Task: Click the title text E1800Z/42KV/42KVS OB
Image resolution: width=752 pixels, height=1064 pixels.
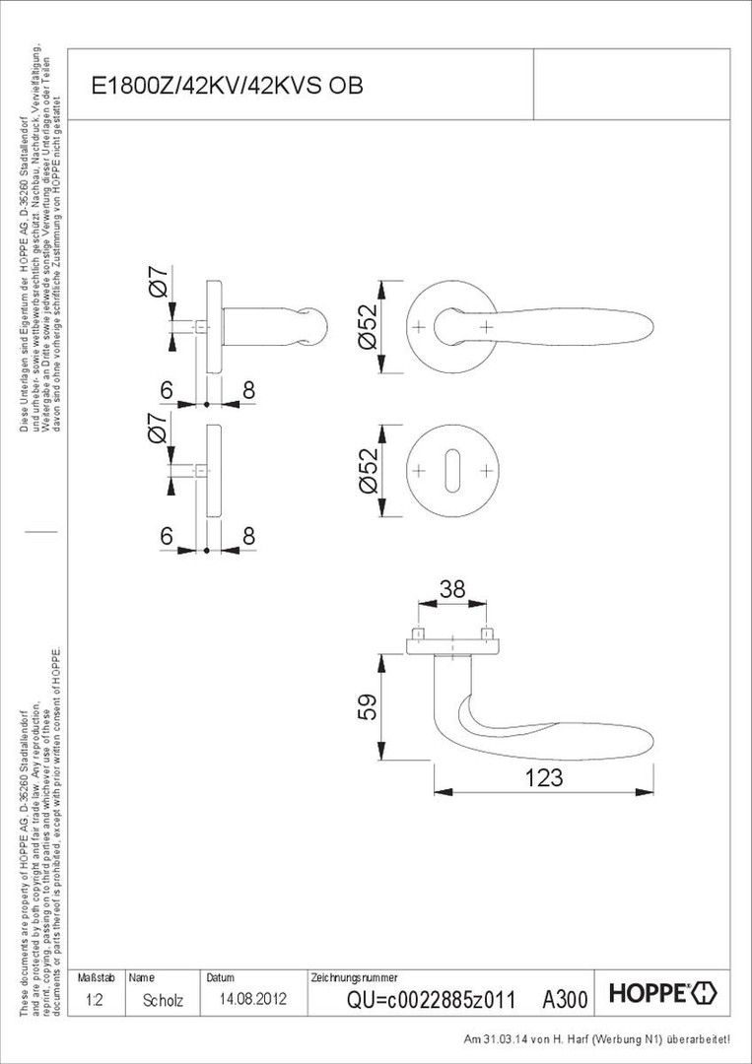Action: click(228, 86)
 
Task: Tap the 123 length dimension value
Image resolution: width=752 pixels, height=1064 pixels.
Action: click(543, 778)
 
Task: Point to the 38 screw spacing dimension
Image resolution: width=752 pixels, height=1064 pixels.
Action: click(451, 590)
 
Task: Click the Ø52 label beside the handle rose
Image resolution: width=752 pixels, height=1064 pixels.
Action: click(368, 327)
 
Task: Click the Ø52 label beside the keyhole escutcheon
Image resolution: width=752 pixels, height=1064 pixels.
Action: click(368, 472)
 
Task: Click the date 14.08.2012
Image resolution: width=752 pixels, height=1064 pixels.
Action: click(245, 999)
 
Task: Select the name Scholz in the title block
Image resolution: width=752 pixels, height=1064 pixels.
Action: click(163, 999)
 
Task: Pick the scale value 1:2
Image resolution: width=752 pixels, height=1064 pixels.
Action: click(96, 999)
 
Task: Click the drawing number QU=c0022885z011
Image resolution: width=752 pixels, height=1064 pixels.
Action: click(431, 1000)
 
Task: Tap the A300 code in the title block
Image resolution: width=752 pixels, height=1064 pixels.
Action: click(565, 1000)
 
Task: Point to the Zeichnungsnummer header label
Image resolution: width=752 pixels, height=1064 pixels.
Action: click(353, 978)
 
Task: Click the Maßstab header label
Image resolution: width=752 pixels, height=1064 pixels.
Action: click(97, 978)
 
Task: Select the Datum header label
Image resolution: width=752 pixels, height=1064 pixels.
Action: click(220, 978)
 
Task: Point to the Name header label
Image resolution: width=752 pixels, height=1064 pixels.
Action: click(141, 978)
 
